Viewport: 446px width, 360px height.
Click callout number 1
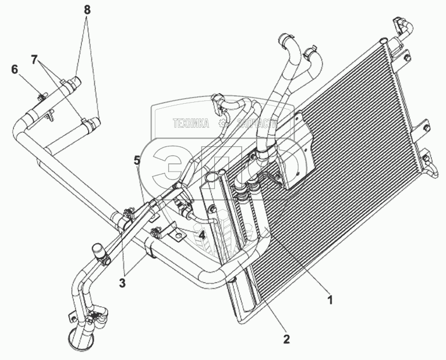point(330,299)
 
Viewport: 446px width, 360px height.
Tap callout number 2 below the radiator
point(287,338)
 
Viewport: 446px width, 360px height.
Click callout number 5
point(137,160)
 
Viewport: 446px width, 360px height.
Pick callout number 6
point(15,69)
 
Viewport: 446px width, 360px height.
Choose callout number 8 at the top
point(86,10)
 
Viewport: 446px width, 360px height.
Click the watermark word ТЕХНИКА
point(191,123)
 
